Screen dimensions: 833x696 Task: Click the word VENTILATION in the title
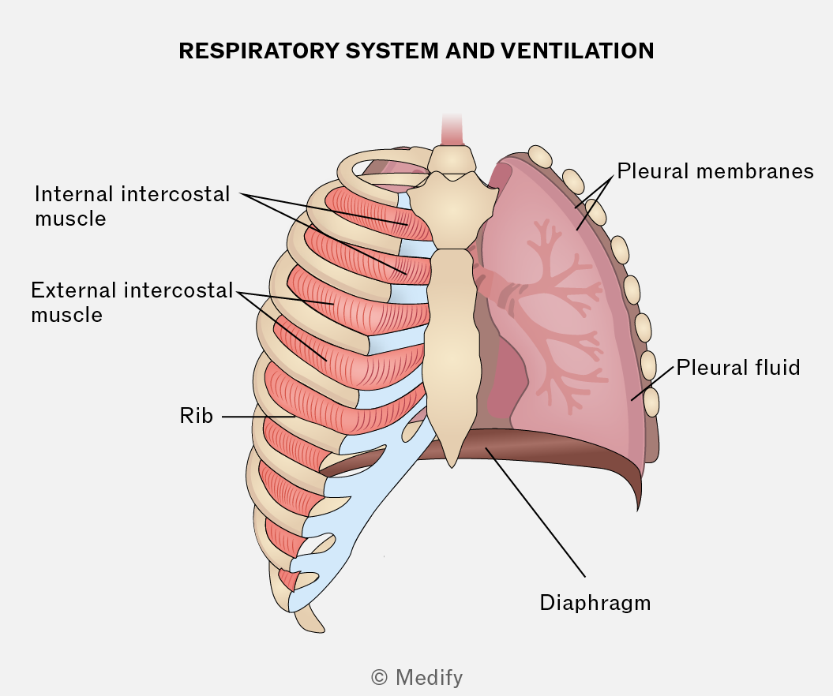[x=577, y=51]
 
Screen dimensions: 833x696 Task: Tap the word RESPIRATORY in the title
[x=259, y=51]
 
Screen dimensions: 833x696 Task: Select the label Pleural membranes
[x=715, y=171]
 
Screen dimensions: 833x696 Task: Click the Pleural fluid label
[x=738, y=368]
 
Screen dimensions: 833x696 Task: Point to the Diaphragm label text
[x=595, y=603]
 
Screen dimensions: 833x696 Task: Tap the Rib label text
[x=196, y=416]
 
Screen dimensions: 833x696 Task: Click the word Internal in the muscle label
[x=74, y=194]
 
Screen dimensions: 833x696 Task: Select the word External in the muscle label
[x=74, y=290]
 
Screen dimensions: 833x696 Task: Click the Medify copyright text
[x=417, y=677]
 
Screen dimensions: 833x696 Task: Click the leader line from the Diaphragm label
[x=535, y=513]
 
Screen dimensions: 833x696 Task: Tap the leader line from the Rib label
[x=258, y=417]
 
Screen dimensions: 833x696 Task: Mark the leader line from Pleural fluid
[x=652, y=383]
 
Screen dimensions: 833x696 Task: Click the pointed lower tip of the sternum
[x=452, y=467]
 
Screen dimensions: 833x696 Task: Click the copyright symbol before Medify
[x=379, y=677]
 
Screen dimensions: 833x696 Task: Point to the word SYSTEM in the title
[x=392, y=51]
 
